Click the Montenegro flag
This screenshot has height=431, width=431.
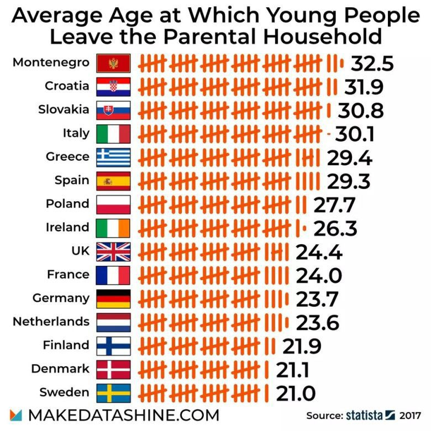113,62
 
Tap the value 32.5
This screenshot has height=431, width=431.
372,63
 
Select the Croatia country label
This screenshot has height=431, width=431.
66,86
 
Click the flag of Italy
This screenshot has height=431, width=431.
113,134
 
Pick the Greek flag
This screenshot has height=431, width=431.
113,157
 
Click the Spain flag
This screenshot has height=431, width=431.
113,181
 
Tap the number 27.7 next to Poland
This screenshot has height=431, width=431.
334,204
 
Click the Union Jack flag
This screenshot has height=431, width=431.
113,251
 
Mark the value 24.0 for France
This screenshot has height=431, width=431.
319,275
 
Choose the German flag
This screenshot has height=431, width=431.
113,298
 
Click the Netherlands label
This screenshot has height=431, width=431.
51,322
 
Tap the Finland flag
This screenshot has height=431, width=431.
113,345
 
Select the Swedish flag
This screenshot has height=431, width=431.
113,393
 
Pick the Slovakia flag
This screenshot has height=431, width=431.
113,110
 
